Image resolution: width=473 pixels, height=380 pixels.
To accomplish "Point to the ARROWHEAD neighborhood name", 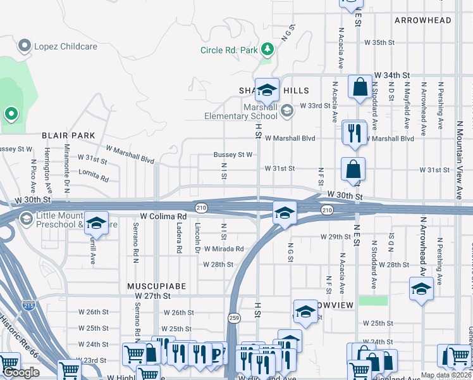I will coord(423,20).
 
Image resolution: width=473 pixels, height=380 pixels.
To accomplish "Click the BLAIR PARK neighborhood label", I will coord(68,136).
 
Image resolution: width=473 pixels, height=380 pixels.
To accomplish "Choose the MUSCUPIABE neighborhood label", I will coord(156,286).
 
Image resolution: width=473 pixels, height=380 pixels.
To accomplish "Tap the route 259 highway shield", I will coord(233,317).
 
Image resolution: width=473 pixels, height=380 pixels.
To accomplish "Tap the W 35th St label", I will coord(379,42).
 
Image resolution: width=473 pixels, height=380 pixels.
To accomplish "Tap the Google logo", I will coord(21,372).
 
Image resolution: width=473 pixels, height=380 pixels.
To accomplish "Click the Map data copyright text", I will coord(446,375).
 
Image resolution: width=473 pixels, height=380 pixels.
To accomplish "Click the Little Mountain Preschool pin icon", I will coord(26,219).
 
